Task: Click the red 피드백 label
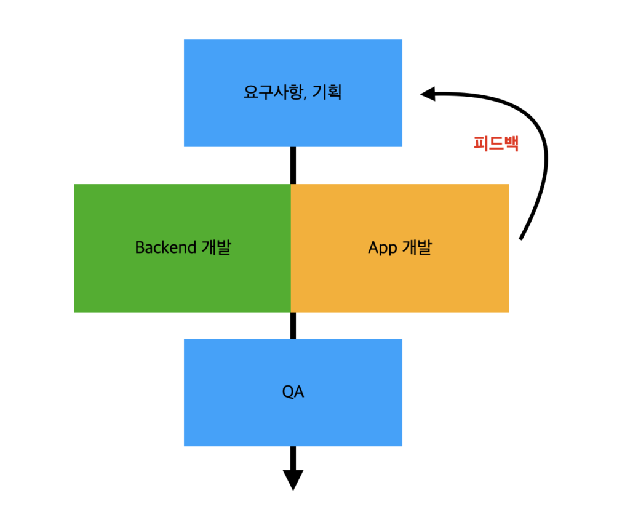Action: tap(496, 143)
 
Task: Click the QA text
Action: tap(293, 392)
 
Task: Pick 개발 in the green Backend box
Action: tap(216, 247)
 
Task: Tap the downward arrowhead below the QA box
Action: tap(293, 479)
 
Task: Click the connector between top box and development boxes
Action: tap(293, 165)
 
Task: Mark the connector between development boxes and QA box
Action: tap(293, 325)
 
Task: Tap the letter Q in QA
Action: tap(287, 392)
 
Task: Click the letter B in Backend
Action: tap(139, 247)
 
